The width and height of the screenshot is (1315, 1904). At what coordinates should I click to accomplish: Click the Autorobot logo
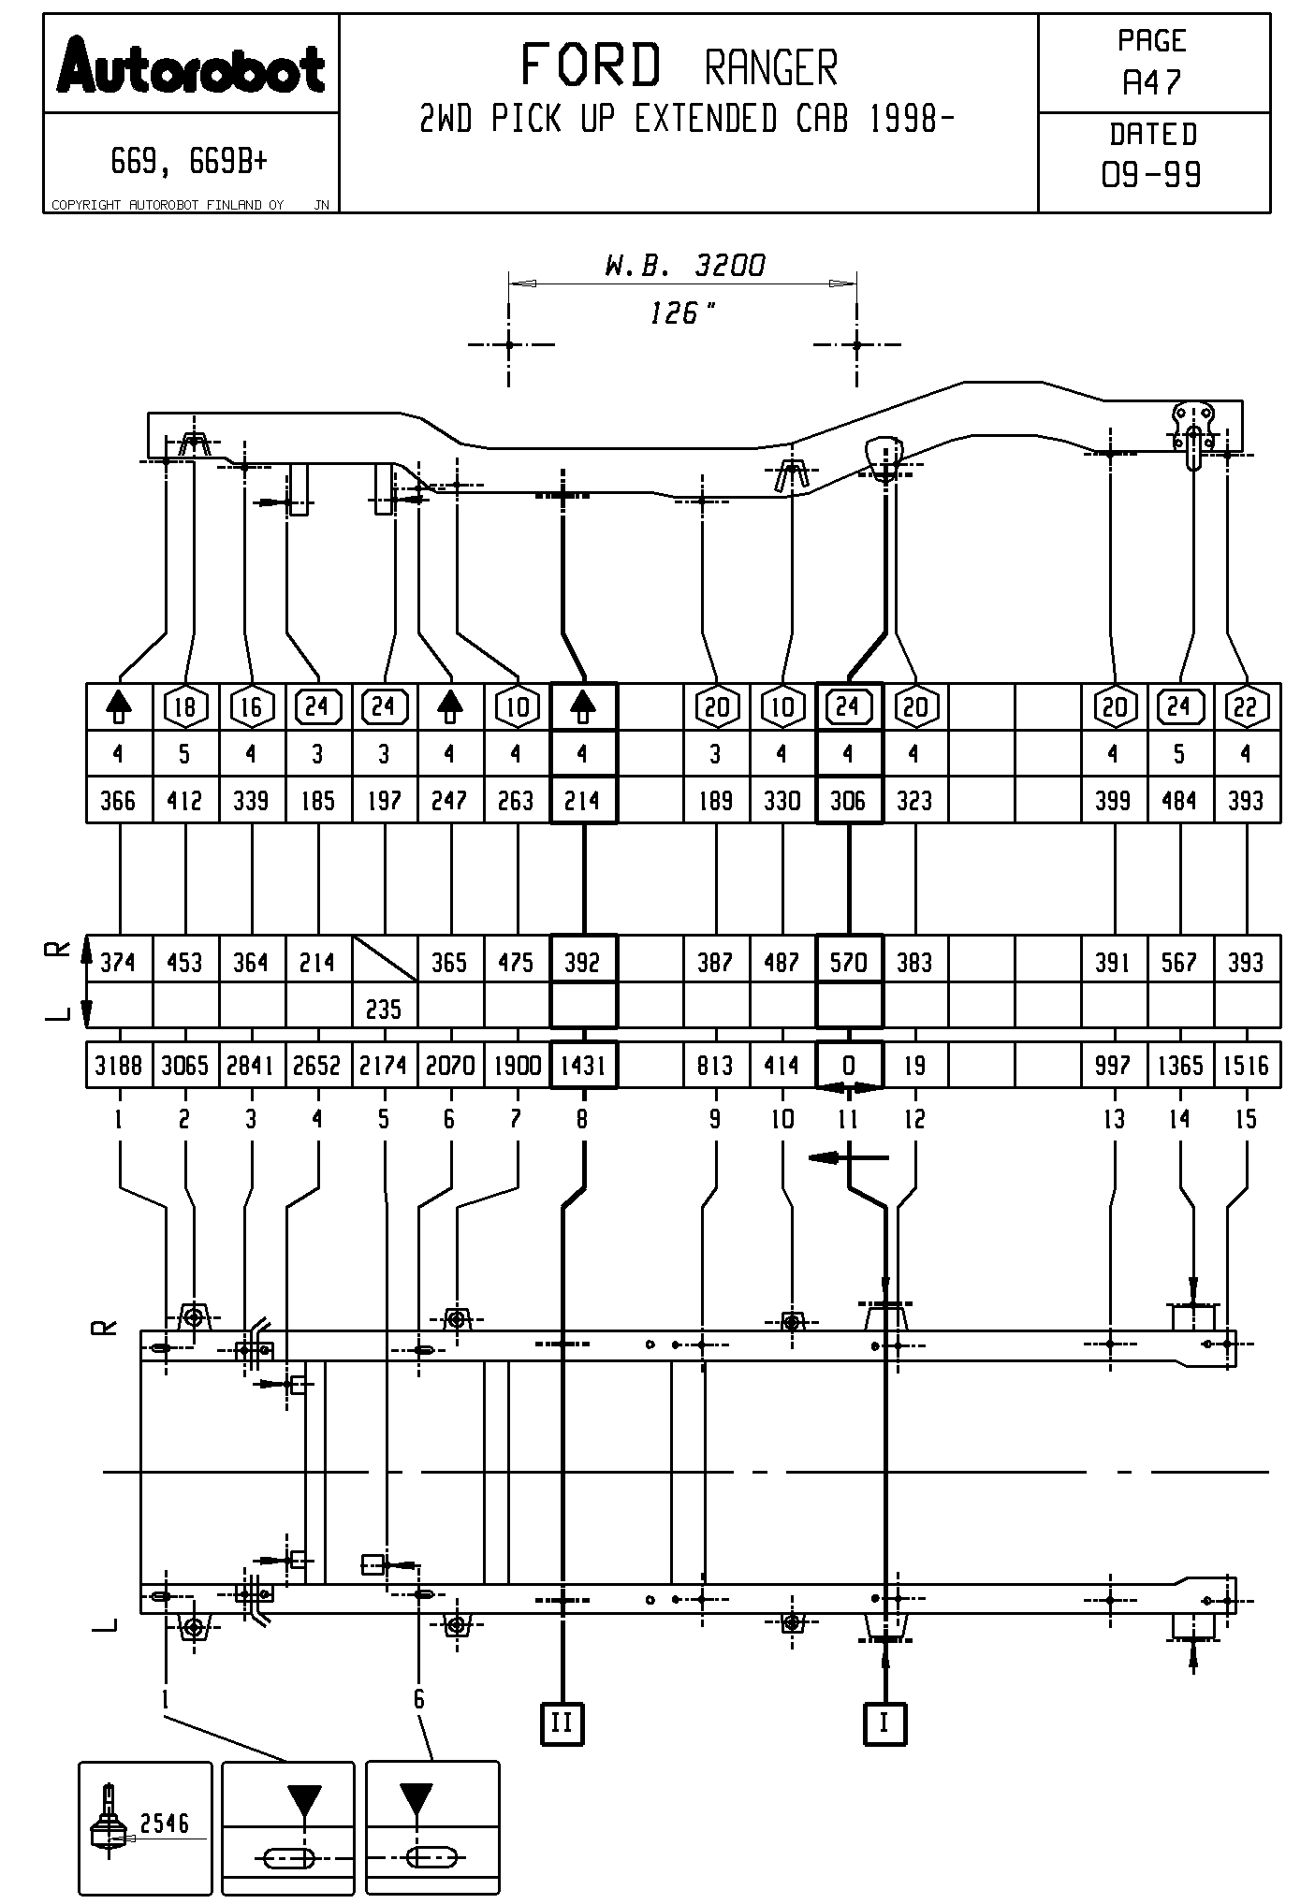pyautogui.click(x=191, y=65)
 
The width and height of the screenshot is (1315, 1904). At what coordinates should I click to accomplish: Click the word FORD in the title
pyautogui.click(x=591, y=66)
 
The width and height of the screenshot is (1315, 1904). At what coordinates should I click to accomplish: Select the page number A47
pyautogui.click(x=1153, y=83)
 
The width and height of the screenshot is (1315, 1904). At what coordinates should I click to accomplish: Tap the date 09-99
pyautogui.click(x=1152, y=174)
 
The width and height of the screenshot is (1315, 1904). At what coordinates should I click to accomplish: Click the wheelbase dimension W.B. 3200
pyautogui.click(x=684, y=266)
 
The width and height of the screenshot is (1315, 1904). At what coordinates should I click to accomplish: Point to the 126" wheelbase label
pyautogui.click(x=682, y=312)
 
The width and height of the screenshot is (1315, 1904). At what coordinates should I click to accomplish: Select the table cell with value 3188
pyautogui.click(x=119, y=1065)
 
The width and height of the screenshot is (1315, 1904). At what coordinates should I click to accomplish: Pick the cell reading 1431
pyautogui.click(x=583, y=1065)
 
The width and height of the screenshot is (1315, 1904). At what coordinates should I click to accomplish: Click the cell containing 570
pyautogui.click(x=849, y=962)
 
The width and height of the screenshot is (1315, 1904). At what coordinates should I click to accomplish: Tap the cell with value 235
pyautogui.click(x=384, y=1009)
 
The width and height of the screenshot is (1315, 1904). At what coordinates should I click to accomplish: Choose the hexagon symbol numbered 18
pyautogui.click(x=185, y=707)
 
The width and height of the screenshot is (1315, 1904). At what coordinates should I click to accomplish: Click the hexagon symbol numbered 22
pyautogui.click(x=1246, y=707)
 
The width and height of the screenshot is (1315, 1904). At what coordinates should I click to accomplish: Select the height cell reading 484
pyautogui.click(x=1179, y=800)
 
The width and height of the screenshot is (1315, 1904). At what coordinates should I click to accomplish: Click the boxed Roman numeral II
pyautogui.click(x=562, y=1722)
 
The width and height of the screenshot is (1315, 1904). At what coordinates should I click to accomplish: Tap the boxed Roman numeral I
pyautogui.click(x=884, y=1722)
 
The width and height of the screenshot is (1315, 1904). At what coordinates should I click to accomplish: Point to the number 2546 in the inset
pyautogui.click(x=165, y=1823)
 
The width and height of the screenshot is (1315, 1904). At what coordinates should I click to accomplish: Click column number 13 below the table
pyautogui.click(x=1114, y=1119)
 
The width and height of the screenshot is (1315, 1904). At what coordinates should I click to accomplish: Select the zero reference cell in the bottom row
pyautogui.click(x=849, y=1065)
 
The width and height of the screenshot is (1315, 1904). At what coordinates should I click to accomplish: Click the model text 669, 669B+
pyautogui.click(x=189, y=162)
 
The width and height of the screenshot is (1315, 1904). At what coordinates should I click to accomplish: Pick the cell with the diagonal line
pyautogui.click(x=385, y=959)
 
